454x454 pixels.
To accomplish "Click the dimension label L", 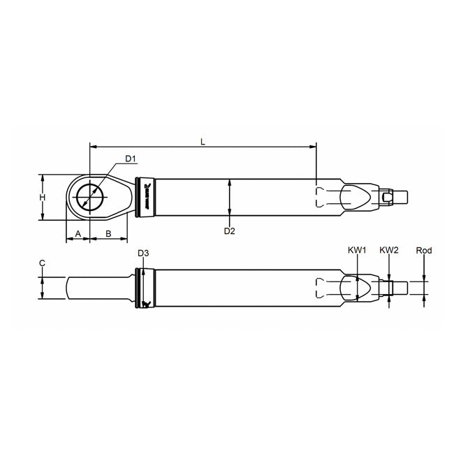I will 203,141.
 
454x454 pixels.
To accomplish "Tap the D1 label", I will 130,158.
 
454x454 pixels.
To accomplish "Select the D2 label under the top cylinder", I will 229,230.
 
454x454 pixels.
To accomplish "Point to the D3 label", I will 142,253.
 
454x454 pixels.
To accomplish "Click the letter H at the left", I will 43,198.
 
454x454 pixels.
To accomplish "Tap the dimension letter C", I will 43,263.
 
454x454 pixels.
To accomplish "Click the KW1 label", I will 356,249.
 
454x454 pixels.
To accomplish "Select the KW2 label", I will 388,249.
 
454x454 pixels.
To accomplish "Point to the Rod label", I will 423,249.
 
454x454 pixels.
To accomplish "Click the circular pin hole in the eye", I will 89,196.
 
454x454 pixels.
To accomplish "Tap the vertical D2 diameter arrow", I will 229,198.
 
